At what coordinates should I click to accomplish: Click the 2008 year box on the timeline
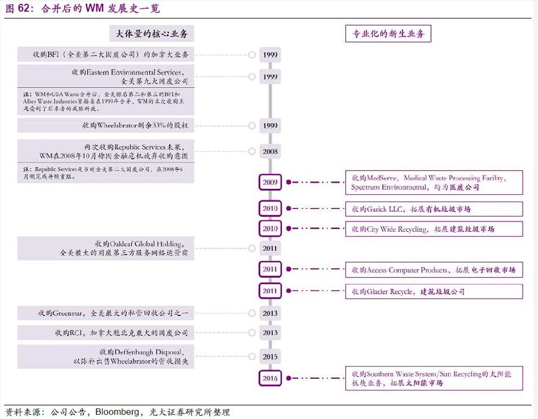pyautogui.click(x=270, y=151)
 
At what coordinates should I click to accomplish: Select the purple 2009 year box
pyautogui.click(x=270, y=182)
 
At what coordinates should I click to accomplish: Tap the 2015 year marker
pyautogui.click(x=270, y=357)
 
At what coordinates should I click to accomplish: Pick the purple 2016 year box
pyautogui.click(x=270, y=378)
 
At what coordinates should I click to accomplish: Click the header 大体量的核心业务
pyautogui.click(x=152, y=34)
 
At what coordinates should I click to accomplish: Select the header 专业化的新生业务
pyautogui.click(x=388, y=34)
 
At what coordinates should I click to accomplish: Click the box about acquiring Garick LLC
pyautogui.click(x=434, y=209)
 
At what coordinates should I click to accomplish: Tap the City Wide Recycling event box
pyautogui.click(x=434, y=229)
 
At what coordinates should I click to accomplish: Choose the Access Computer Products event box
pyautogui.click(x=434, y=270)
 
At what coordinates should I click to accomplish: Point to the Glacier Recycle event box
pyautogui.click(x=434, y=291)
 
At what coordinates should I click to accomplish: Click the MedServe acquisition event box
pyautogui.click(x=434, y=182)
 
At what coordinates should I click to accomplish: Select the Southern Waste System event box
pyautogui.click(x=434, y=378)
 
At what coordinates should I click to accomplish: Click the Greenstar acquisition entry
pyautogui.click(x=106, y=313)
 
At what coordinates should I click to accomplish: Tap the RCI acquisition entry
pyautogui.click(x=106, y=333)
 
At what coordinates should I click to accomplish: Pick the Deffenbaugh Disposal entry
pyautogui.click(x=106, y=357)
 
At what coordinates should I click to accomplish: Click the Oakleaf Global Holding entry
pyautogui.click(x=106, y=248)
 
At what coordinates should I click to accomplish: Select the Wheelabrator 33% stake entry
pyautogui.click(x=106, y=125)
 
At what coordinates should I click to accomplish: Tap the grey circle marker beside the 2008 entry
pyautogui.click(x=252, y=151)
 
